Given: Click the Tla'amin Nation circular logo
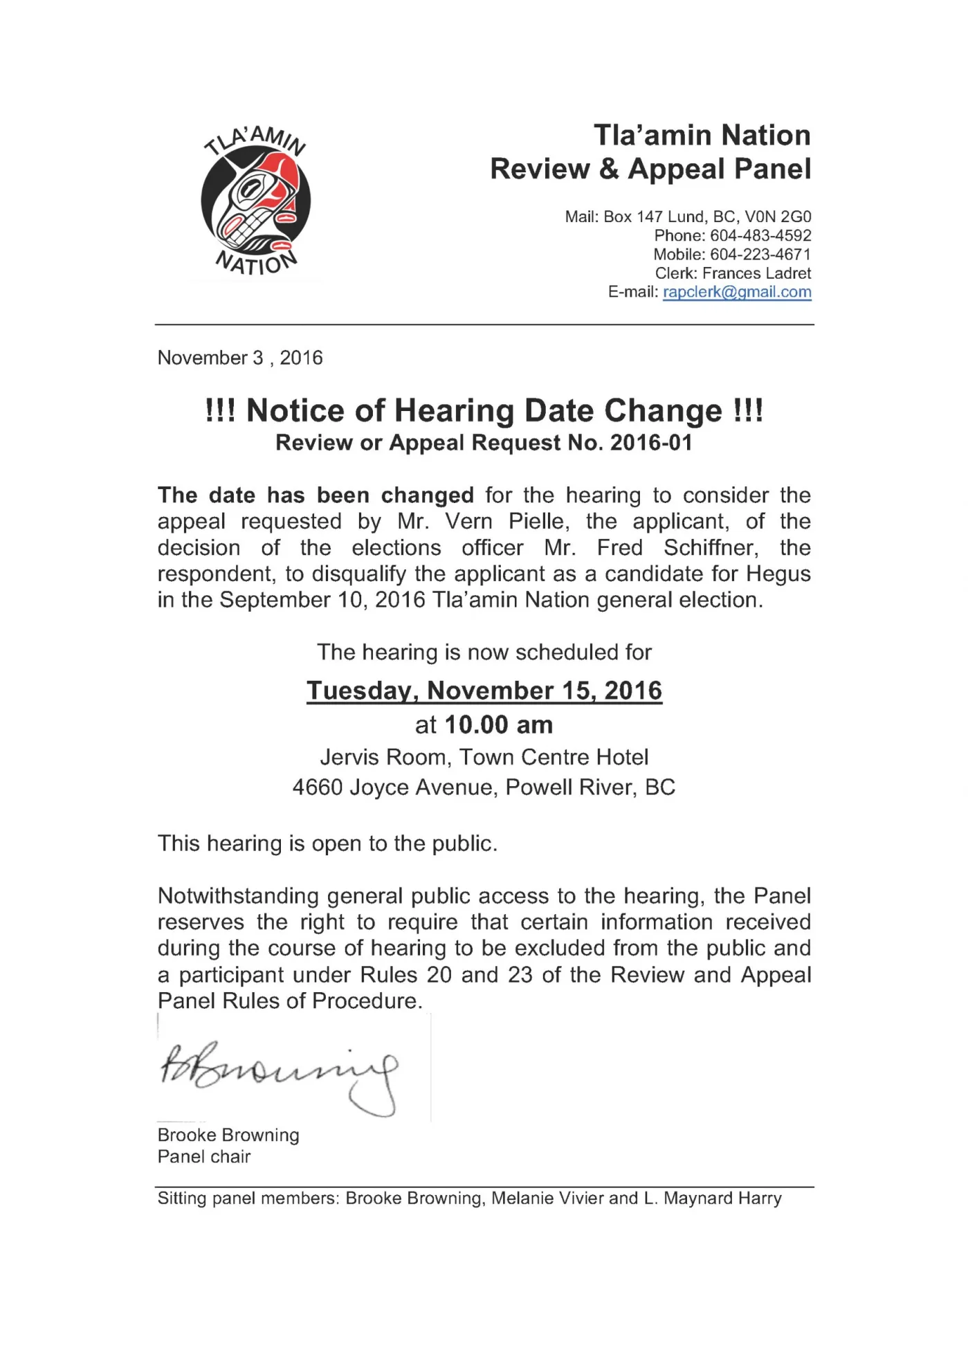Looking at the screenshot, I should click(255, 201).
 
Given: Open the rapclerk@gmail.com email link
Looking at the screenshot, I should click(737, 292).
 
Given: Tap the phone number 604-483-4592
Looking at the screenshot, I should click(760, 236).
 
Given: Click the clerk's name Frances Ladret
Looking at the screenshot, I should click(756, 273).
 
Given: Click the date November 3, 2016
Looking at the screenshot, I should click(240, 358).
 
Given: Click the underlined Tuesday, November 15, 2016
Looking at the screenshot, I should click(484, 691).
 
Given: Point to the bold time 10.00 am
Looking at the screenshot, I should click(498, 725).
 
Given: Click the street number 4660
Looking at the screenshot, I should click(318, 787).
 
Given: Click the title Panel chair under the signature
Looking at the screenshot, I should click(204, 1156).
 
